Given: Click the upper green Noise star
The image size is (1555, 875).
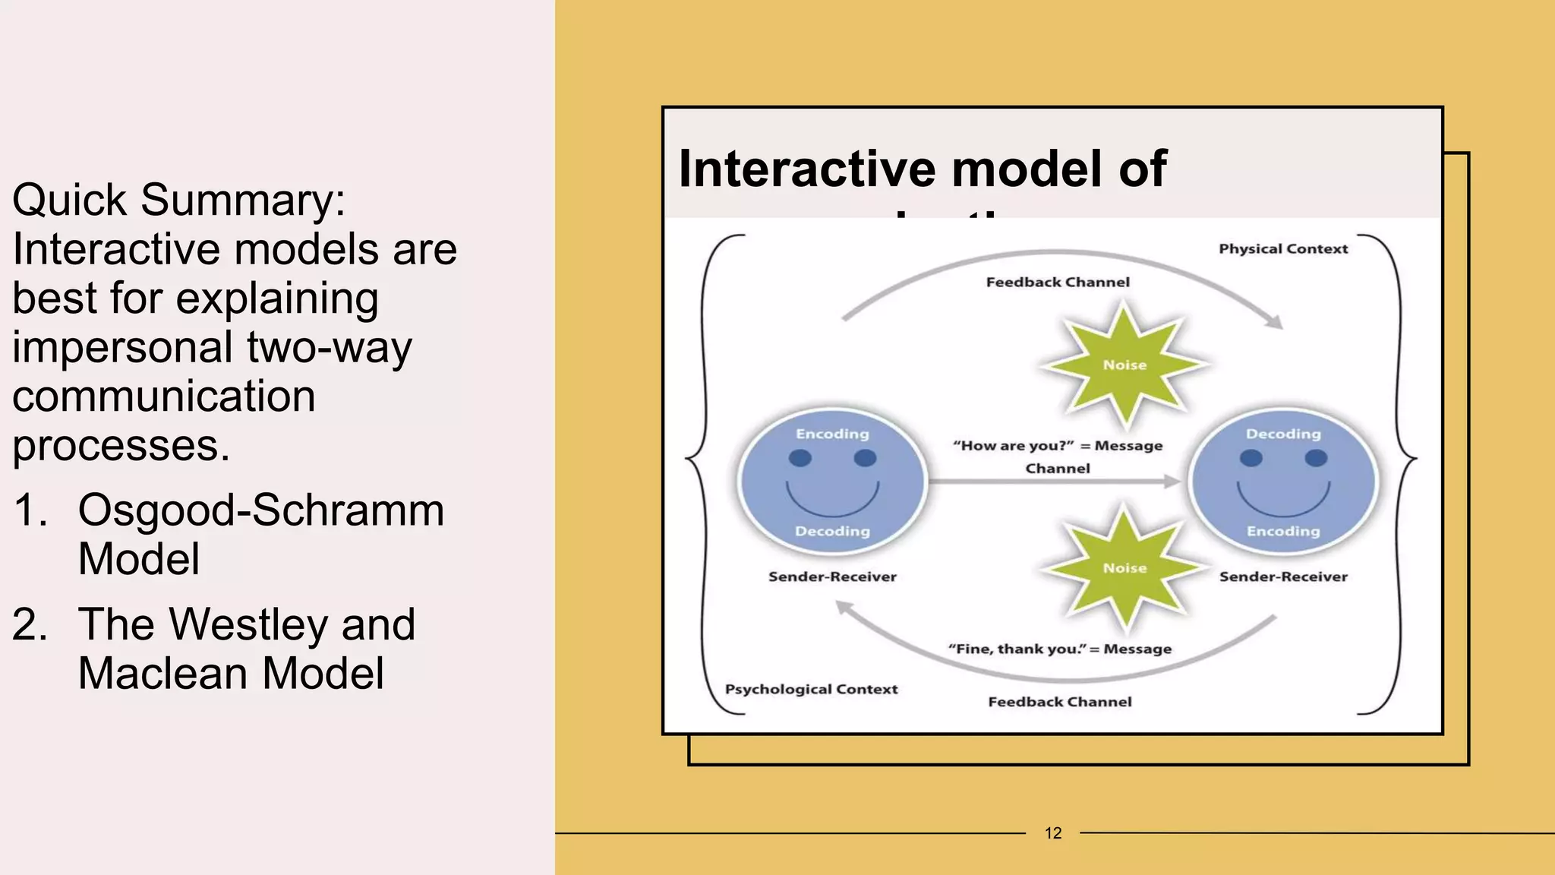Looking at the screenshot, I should click(x=1124, y=365).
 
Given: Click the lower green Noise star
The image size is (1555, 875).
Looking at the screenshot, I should click(x=1124, y=567).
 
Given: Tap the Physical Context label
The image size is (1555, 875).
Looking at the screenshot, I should click(x=1283, y=249).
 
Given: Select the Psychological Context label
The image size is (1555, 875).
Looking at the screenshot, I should click(x=811, y=689).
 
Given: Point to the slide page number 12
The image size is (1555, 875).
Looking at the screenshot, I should click(x=1053, y=833).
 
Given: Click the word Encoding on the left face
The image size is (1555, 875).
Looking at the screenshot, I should click(x=832, y=434).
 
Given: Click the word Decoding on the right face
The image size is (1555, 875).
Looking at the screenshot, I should click(x=1283, y=434).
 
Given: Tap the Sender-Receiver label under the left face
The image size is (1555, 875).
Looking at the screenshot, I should click(x=832, y=576).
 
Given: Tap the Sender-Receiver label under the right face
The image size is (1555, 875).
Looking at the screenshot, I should click(x=1283, y=576).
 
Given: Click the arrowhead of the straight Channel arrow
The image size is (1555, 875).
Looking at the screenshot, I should click(x=1172, y=481).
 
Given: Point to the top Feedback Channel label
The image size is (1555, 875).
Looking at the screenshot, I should click(x=1058, y=283).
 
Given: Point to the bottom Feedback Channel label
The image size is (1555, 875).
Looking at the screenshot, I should click(x=1060, y=702).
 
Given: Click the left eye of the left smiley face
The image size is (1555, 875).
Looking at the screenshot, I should click(x=800, y=458).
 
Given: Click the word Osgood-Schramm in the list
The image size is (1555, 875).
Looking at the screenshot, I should click(x=261, y=510).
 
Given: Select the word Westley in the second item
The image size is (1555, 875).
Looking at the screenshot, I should click(x=248, y=624).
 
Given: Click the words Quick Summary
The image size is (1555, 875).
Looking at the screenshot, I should click(x=178, y=200).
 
